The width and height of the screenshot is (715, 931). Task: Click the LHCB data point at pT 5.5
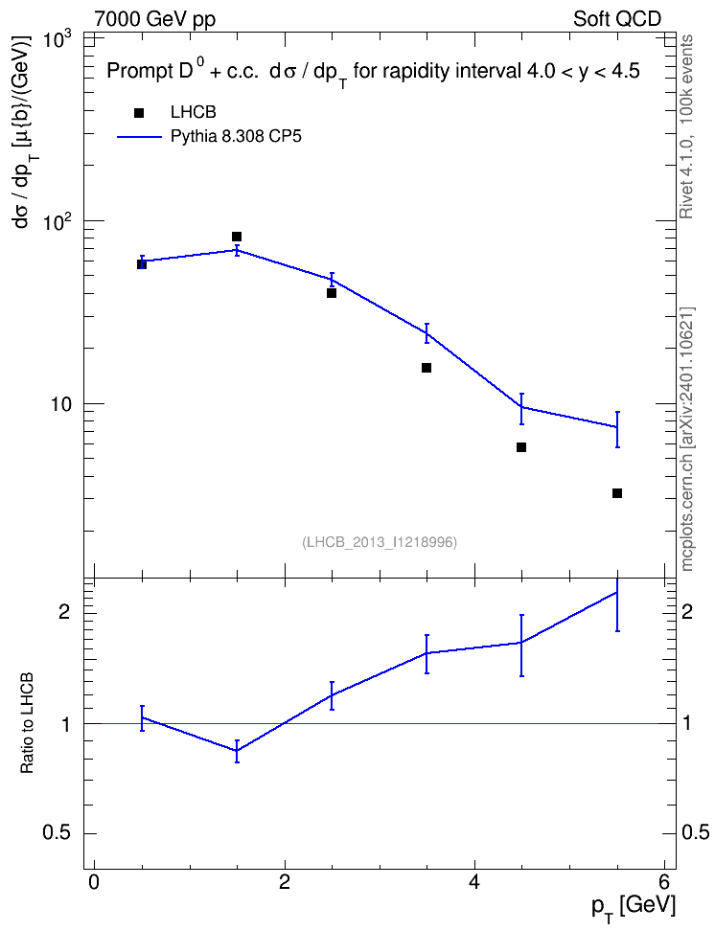(617, 493)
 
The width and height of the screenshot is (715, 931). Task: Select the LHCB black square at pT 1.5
(237, 237)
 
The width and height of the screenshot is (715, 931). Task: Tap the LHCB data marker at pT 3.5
(427, 368)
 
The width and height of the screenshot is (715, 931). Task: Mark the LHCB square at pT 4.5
(521, 447)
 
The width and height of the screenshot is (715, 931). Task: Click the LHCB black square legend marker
(139, 113)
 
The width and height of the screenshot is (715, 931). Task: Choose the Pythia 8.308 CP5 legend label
(236, 137)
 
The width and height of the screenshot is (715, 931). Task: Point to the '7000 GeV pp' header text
(154, 19)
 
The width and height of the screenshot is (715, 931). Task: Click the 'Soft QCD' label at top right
(617, 19)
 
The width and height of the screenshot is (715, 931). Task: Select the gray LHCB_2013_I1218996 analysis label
(380, 542)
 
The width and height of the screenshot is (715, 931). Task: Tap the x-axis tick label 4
(474, 882)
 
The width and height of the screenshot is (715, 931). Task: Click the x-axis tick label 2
(284, 882)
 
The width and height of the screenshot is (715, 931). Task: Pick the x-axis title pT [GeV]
(634, 908)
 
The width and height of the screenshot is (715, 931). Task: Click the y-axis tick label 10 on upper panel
(60, 404)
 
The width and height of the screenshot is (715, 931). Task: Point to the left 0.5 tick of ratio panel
(57, 833)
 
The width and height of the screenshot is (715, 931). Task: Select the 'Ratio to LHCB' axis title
(27, 723)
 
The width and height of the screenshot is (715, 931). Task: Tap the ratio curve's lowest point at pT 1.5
(237, 751)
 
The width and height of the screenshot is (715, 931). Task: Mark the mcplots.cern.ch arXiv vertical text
(687, 439)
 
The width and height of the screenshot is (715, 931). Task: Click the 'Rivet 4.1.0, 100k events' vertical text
(687, 126)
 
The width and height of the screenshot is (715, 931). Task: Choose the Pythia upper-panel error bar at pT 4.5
(521, 408)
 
